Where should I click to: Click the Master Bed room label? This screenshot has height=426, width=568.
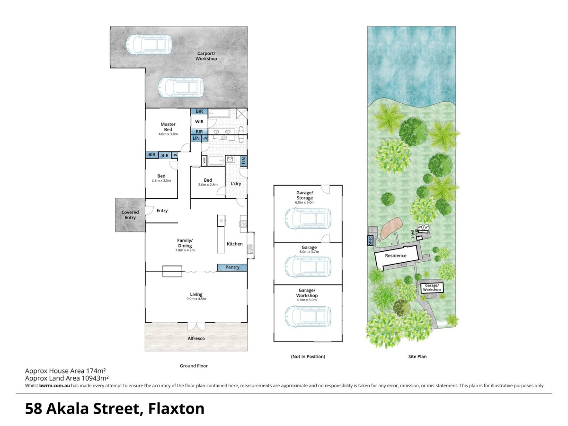168,127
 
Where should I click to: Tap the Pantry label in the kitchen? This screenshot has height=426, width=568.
232,267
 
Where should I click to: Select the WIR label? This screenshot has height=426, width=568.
199,122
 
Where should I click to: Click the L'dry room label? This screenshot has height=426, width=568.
236,183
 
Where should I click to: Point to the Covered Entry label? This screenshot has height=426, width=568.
130,215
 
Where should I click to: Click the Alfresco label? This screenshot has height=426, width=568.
196,338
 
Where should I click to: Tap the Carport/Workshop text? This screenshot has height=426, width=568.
207,56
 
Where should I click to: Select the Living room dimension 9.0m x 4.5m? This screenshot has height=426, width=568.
196,299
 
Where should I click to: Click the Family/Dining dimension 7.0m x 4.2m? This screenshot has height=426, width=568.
185,250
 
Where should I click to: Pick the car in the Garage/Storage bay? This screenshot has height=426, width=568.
308,218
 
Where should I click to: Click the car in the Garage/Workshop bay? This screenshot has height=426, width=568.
308,316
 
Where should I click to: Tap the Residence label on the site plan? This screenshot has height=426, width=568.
395,256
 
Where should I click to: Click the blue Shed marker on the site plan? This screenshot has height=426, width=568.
370,241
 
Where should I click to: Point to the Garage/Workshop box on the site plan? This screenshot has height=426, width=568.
432,288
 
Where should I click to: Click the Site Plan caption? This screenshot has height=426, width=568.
418,356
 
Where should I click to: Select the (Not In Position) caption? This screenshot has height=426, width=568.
308,356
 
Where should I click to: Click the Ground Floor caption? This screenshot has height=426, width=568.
194,366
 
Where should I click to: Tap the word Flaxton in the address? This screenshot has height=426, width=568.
176,408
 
